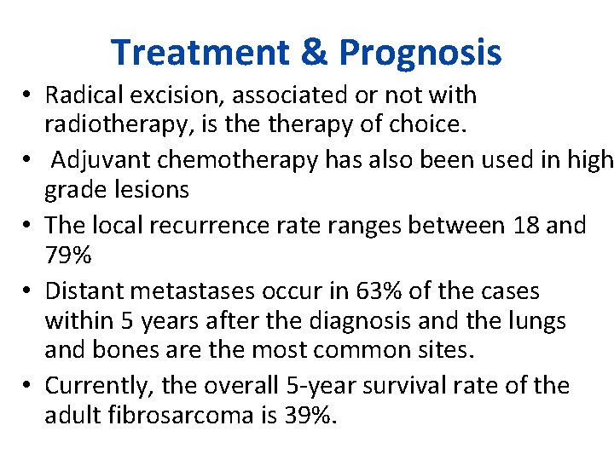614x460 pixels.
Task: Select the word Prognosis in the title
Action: (420, 53)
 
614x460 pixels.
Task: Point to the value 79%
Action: (69, 256)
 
